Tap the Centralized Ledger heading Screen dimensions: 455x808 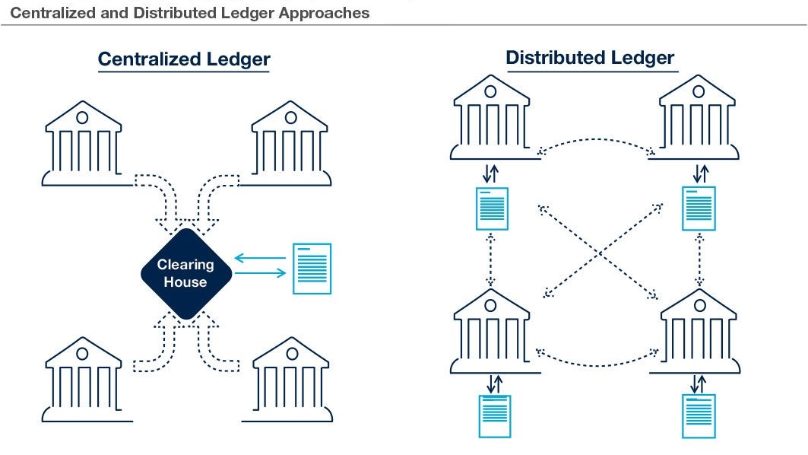[x=184, y=59]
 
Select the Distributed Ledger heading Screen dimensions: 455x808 [x=590, y=57]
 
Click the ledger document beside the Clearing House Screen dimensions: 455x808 [x=312, y=269]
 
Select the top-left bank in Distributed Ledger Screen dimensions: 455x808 [x=490, y=118]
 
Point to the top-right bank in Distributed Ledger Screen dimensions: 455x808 [x=697, y=118]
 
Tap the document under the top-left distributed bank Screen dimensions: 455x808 [x=491, y=208]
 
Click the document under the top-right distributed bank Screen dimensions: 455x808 [x=699, y=208]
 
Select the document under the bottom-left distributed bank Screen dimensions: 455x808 [x=494, y=416]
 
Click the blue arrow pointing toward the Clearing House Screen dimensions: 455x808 [x=260, y=259]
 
